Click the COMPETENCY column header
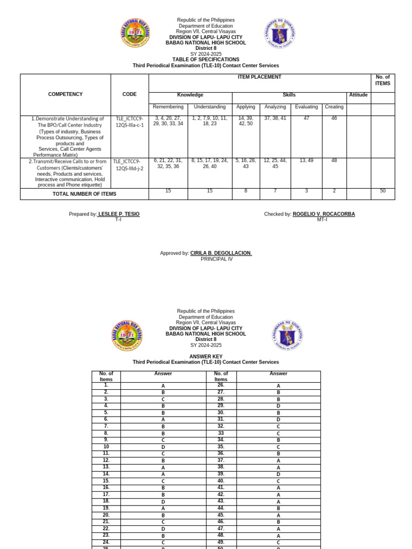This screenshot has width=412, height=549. (65, 94)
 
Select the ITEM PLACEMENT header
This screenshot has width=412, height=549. (260, 77)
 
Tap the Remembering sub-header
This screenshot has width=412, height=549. (168, 107)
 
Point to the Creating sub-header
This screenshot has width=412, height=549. (334, 107)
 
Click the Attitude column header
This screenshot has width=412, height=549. (358, 95)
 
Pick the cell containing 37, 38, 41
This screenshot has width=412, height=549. (275, 118)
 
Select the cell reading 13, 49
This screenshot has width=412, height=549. (306, 160)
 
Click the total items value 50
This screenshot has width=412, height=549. (382, 191)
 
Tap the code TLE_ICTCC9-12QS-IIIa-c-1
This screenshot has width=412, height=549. (129, 122)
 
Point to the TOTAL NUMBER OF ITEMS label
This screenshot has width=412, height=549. (84, 194)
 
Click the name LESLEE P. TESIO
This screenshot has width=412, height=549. (119, 214)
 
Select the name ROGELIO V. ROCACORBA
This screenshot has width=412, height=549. (323, 214)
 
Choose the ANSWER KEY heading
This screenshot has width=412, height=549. (205, 357)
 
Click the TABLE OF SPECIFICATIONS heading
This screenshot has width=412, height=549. (205, 60)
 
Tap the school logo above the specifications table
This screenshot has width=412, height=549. (135, 33)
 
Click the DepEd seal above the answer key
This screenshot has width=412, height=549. (287, 336)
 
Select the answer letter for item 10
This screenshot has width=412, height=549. (163, 447)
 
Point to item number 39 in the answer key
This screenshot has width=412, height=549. (221, 473)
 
